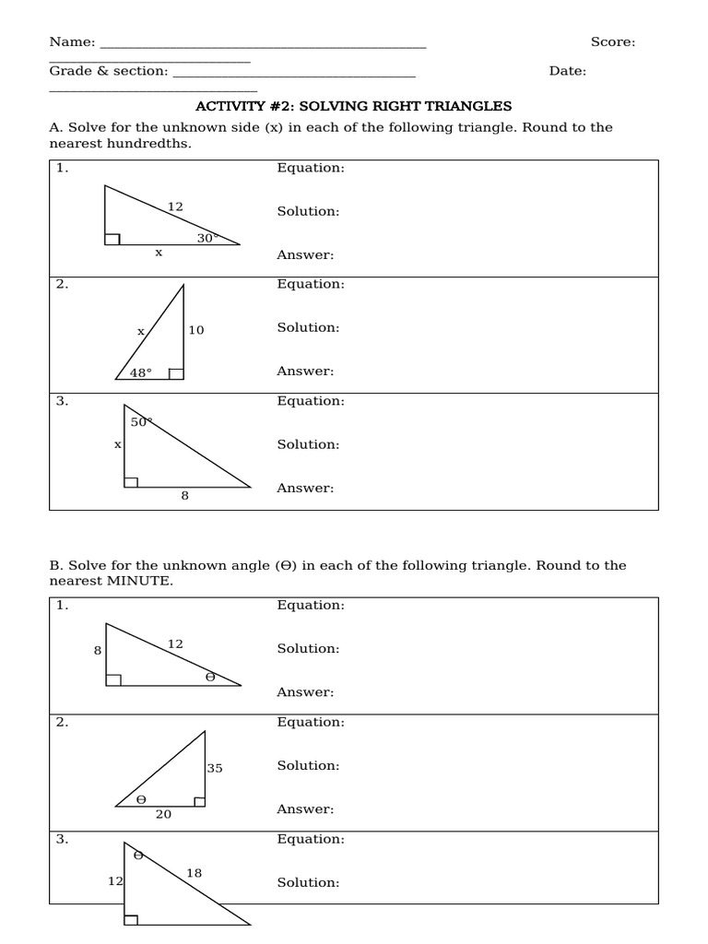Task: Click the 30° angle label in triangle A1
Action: [206, 238]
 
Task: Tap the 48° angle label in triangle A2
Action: [141, 373]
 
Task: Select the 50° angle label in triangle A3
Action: [141, 422]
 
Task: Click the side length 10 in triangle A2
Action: [196, 330]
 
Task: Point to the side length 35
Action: [215, 768]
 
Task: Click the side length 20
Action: [163, 815]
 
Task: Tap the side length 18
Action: [194, 873]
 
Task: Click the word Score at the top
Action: [612, 42]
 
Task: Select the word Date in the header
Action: [567, 71]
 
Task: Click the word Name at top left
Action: [72, 42]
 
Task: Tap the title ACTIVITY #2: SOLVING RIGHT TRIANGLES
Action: [353, 107]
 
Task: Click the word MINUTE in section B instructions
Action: [137, 582]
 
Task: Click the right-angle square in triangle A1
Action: [112, 240]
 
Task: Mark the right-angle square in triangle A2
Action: [177, 373]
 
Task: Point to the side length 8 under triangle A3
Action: [184, 496]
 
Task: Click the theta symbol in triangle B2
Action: [141, 800]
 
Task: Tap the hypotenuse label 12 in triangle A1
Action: [175, 206]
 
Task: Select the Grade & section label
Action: [108, 71]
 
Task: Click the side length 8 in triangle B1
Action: [98, 651]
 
